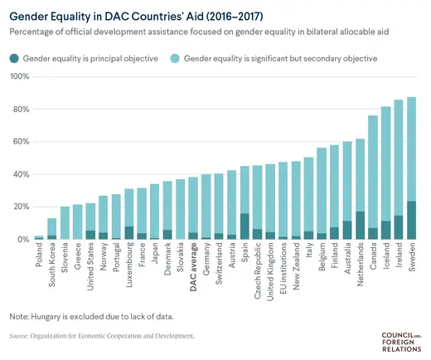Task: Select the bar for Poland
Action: pyautogui.click(x=38, y=238)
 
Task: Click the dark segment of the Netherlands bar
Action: pyautogui.click(x=360, y=226)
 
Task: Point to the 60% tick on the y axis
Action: pyautogui.click(x=17, y=142)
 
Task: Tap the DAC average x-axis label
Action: pyautogui.click(x=192, y=267)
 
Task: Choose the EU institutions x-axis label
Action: pyautogui.click(x=283, y=270)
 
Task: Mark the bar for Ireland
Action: pyautogui.click(x=399, y=170)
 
